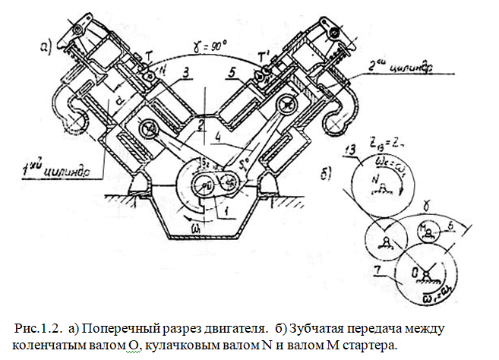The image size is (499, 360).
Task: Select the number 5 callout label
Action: pyautogui.click(x=232, y=74)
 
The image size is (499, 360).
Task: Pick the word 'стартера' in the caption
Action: pyautogui.click(x=368, y=344)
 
